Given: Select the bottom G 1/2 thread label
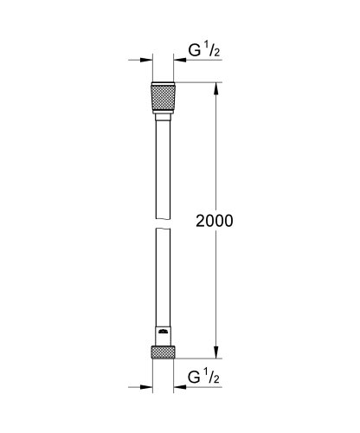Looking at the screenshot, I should (204, 379).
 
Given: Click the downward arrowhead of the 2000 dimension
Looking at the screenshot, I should (216, 352).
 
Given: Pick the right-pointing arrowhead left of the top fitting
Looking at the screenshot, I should (146, 60).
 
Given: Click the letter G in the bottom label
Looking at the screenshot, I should (195, 379).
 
